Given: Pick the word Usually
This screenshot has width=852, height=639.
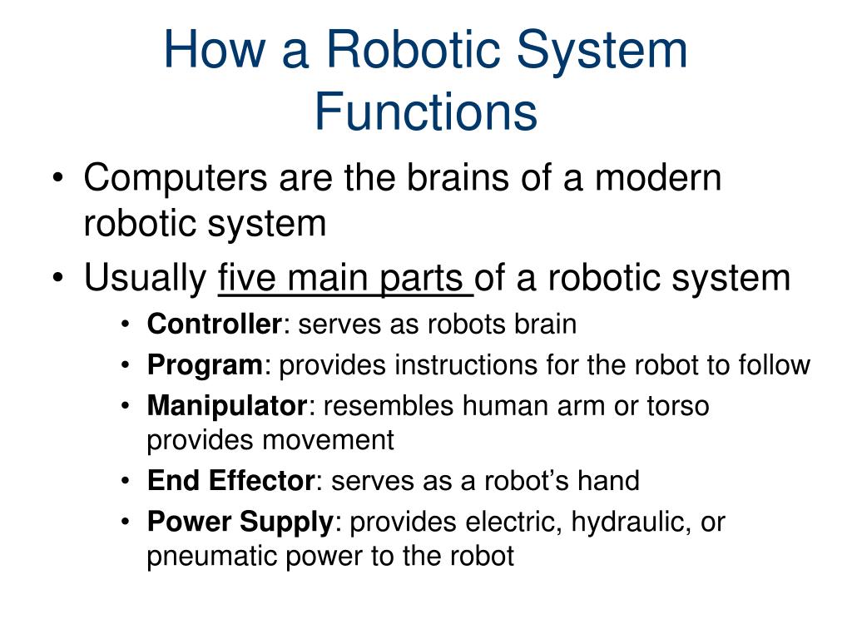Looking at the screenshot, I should point(146,278).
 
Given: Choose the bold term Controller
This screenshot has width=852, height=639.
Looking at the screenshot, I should point(215,324).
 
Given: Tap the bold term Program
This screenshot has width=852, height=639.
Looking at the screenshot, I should point(205,364).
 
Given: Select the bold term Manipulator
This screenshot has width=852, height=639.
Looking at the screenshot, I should point(227,406).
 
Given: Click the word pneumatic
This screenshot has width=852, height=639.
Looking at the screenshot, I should point(212,556).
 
